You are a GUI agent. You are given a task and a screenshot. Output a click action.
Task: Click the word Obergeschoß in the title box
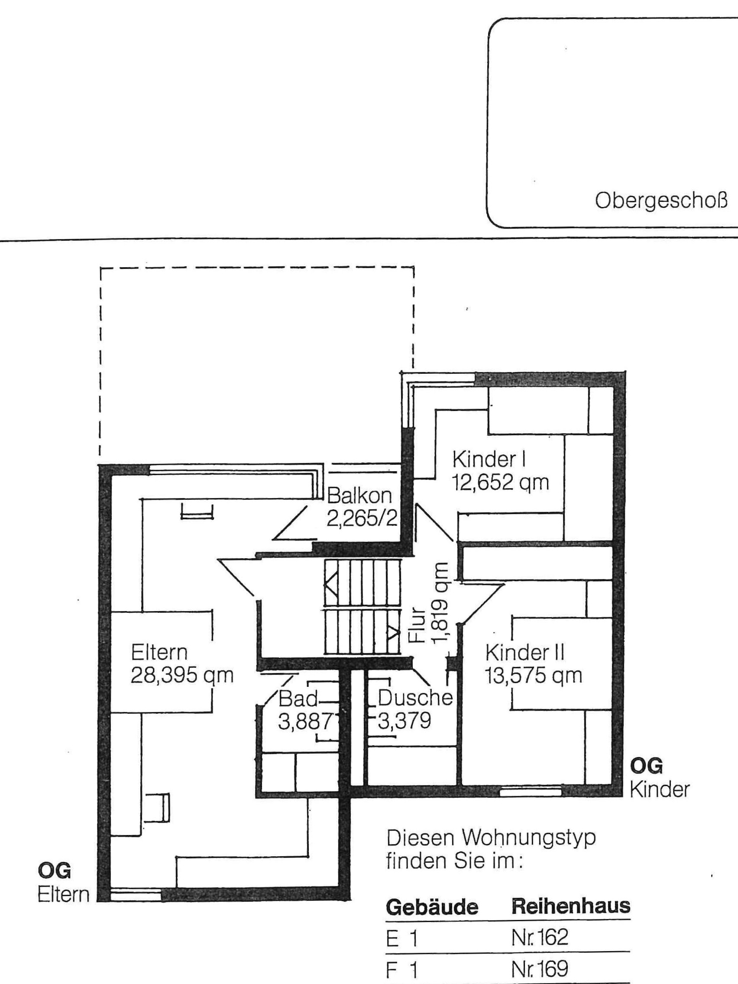[x=661, y=201]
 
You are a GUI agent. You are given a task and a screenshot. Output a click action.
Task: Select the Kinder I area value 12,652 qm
[x=501, y=482]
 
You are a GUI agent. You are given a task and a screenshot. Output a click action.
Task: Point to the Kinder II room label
[x=525, y=653]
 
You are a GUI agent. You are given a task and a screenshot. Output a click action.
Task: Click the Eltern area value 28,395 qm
[x=182, y=676]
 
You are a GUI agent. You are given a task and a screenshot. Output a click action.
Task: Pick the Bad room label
[x=298, y=699]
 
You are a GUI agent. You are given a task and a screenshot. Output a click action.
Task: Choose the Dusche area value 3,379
[x=405, y=721]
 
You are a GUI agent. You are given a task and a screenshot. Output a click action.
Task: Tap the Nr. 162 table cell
[x=540, y=935]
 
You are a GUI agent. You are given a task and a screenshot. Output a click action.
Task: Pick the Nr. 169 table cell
[x=540, y=966]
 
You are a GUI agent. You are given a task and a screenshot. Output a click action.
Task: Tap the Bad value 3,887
[x=305, y=722]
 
